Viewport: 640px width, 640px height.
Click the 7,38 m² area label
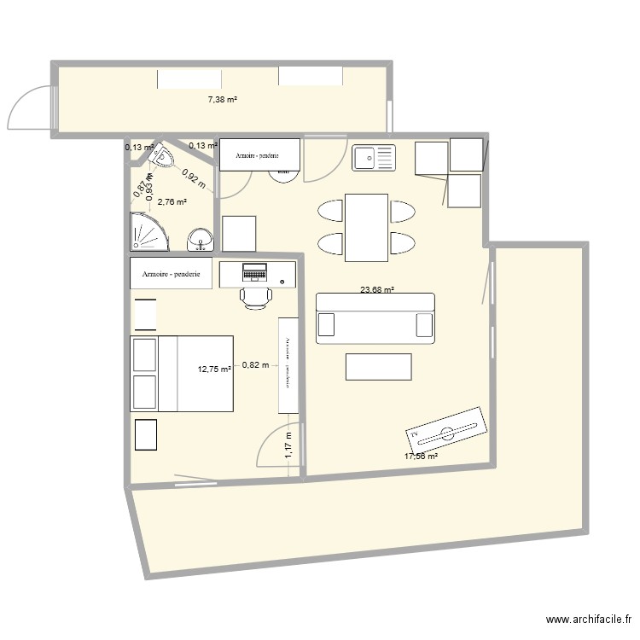click(x=222, y=100)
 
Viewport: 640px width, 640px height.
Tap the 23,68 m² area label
click(x=376, y=290)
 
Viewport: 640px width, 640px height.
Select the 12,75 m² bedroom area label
click(x=214, y=369)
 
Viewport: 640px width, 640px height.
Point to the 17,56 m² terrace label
click(x=421, y=457)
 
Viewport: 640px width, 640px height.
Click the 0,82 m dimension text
click(x=255, y=365)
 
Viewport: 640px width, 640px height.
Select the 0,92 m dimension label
click(x=193, y=178)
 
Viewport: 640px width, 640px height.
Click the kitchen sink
click(x=374, y=158)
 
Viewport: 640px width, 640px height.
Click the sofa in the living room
click(x=375, y=318)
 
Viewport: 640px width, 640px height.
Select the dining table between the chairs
click(x=367, y=227)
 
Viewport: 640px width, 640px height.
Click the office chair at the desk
click(x=255, y=296)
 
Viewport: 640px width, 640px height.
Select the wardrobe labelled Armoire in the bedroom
click(x=171, y=274)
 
